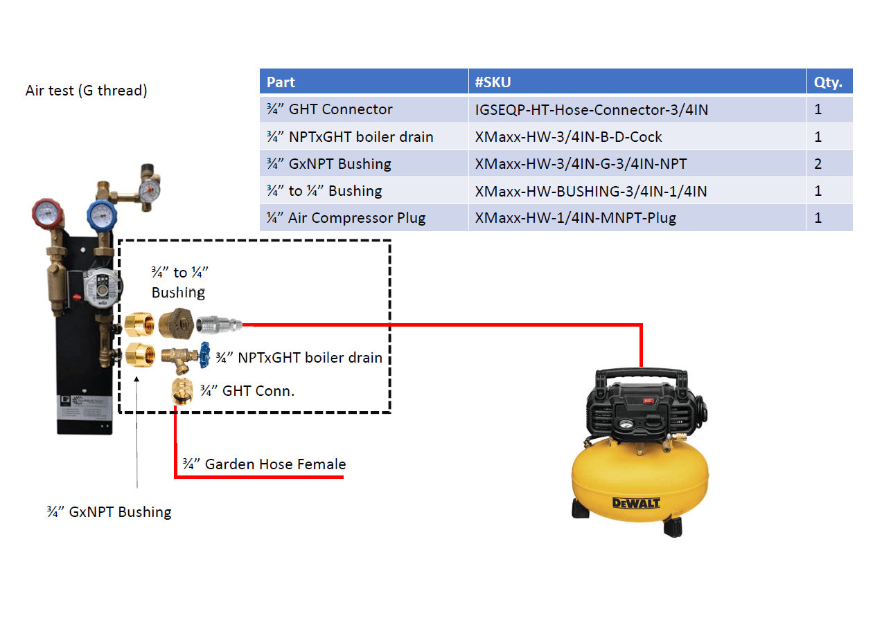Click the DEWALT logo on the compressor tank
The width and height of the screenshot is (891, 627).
click(635, 503)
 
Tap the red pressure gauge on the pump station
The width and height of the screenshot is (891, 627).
click(47, 214)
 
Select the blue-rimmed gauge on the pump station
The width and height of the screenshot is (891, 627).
click(102, 216)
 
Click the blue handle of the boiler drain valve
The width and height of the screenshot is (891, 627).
click(205, 355)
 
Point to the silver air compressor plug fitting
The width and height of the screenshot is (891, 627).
click(219, 325)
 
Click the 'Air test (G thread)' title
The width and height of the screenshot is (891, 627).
click(87, 91)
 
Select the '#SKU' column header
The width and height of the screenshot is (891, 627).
click(493, 82)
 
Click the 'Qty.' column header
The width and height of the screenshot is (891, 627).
click(828, 82)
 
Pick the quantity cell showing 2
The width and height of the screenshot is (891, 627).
click(818, 164)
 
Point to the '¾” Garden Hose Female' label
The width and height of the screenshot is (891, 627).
click(264, 464)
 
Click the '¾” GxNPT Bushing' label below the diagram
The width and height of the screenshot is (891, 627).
click(109, 511)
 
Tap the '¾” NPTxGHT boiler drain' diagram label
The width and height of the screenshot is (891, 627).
click(299, 358)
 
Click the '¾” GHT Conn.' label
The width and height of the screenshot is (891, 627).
click(247, 390)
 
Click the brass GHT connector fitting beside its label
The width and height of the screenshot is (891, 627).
click(182, 392)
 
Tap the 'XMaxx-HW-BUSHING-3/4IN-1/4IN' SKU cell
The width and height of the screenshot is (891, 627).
click(591, 191)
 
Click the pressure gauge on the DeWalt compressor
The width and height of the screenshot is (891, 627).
click(626, 424)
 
